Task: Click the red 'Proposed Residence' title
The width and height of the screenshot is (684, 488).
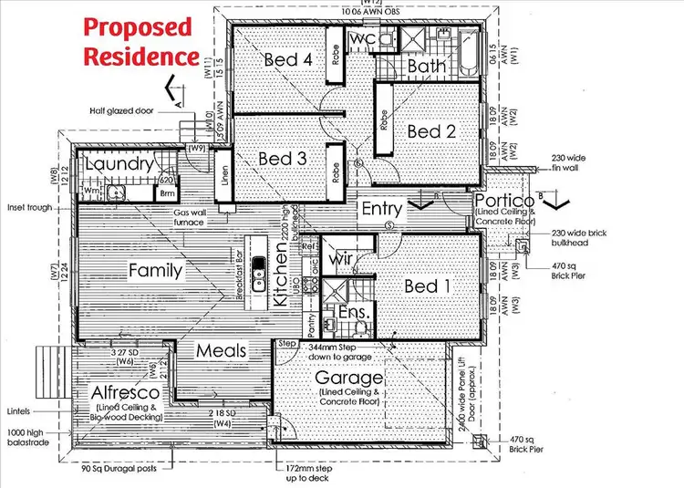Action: coord(140,41)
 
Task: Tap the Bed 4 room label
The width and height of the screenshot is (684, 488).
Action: coord(288,60)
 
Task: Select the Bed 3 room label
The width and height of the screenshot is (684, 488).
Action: coord(282,159)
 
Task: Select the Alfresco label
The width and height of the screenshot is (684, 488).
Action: coord(128,391)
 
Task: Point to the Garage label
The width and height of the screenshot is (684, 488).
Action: coord(347,377)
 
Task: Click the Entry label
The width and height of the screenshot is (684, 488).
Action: coord(381,208)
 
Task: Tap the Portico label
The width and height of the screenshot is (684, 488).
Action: coord(503,201)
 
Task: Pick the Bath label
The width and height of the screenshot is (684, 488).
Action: coord(426,67)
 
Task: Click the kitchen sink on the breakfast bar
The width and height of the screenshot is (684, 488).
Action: coord(259,267)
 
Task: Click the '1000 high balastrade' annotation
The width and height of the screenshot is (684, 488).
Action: coord(31,435)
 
